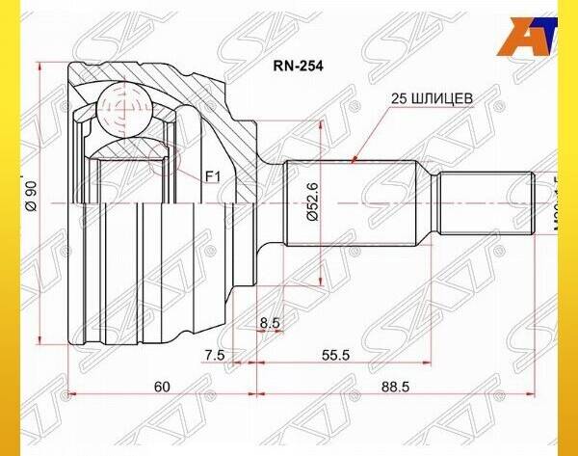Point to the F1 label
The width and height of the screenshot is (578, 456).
pos(213,176)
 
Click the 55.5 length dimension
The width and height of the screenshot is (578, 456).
pos(335,356)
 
